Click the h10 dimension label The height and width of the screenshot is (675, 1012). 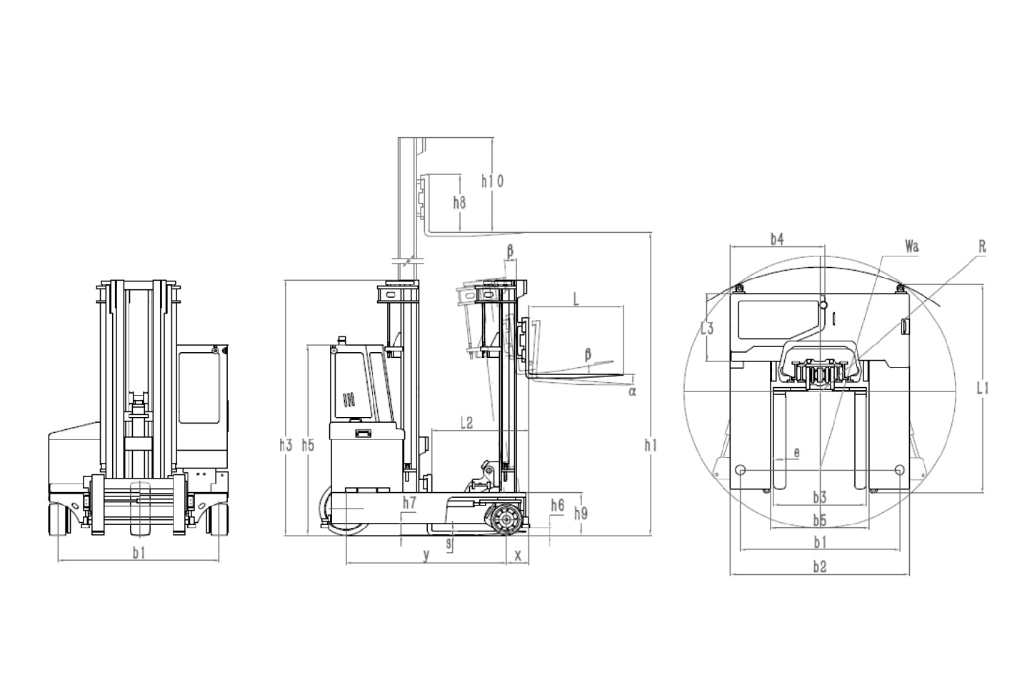493,181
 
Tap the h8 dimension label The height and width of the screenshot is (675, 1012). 459,203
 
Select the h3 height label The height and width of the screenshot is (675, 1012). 286,446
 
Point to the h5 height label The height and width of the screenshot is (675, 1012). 308,446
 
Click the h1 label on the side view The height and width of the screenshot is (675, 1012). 651,446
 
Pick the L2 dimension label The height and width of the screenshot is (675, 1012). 466,423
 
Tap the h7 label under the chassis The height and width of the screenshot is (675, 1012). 409,503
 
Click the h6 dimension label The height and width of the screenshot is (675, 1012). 558,506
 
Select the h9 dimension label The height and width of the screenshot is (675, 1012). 581,514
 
